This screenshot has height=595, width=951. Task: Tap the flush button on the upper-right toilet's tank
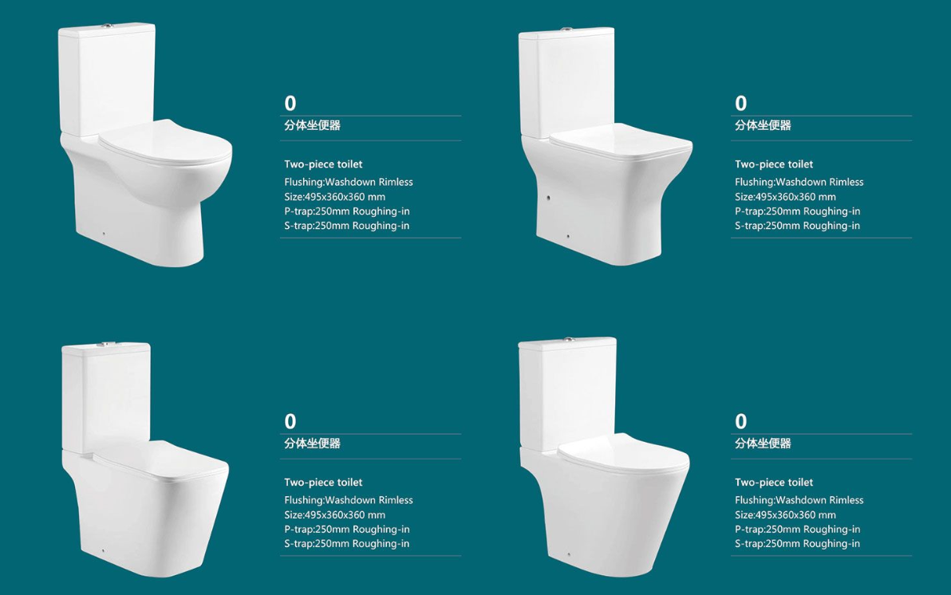click(x=567, y=29)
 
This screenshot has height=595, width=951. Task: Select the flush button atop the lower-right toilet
click(x=568, y=340)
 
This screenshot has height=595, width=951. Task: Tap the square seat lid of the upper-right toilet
click(x=621, y=144)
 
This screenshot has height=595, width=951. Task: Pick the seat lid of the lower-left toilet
click(x=160, y=462)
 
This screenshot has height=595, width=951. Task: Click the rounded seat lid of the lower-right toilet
click(x=623, y=453)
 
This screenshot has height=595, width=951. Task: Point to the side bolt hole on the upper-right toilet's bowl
click(x=548, y=198)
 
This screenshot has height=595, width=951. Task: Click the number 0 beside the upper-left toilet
click(x=290, y=103)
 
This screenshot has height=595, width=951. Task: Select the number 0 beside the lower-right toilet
click(x=740, y=421)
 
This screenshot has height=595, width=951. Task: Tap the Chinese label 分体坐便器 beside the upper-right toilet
click(x=763, y=125)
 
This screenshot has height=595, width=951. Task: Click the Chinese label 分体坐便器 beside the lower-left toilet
click(x=313, y=443)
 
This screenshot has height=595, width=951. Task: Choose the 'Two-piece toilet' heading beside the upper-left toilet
click(x=323, y=164)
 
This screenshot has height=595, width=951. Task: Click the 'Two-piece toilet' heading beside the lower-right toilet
click(x=774, y=483)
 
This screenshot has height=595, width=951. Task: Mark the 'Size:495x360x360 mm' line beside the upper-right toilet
click(x=785, y=196)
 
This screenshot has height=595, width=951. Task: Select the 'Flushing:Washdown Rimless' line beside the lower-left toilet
click(x=349, y=500)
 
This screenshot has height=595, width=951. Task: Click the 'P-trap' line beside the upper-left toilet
click(x=347, y=211)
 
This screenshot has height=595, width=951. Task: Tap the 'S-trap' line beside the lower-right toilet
click(x=798, y=543)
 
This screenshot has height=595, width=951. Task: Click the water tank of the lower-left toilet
click(x=107, y=397)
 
